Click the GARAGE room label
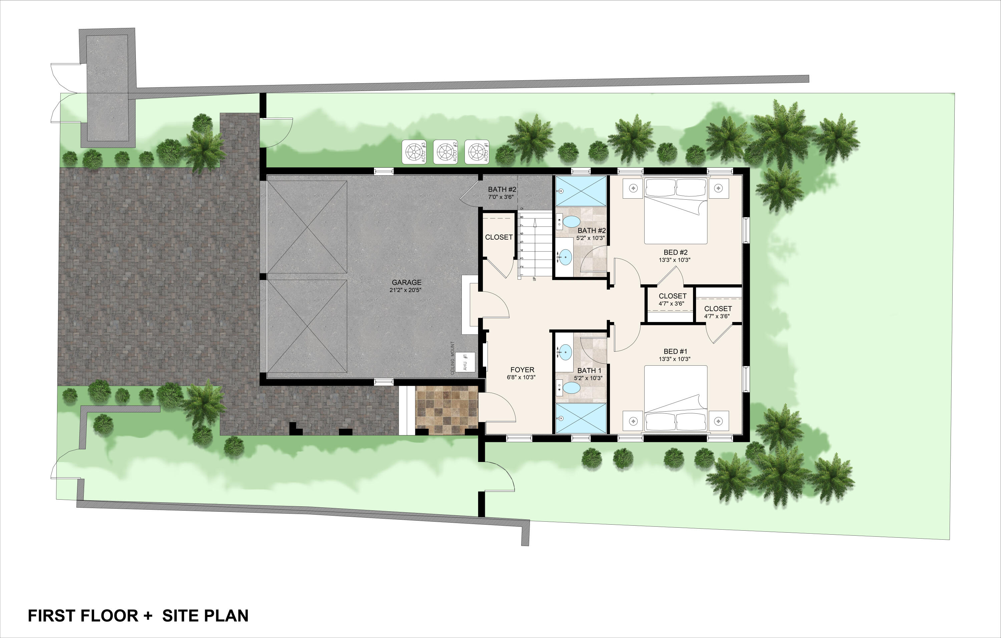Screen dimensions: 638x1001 pos(406,282)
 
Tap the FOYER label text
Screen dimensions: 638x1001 pos(522,370)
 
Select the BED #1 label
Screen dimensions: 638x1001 pos(675,351)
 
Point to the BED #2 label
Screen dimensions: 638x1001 pos(675,252)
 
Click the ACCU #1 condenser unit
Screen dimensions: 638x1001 pos(476,152)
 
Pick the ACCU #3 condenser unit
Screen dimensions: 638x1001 pos(414,152)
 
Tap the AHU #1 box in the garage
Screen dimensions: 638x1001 pos(465,362)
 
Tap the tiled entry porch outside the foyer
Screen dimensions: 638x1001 pos(447,410)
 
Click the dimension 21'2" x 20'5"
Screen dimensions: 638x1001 pos(405,290)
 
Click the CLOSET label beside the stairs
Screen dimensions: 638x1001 pos(498,237)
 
